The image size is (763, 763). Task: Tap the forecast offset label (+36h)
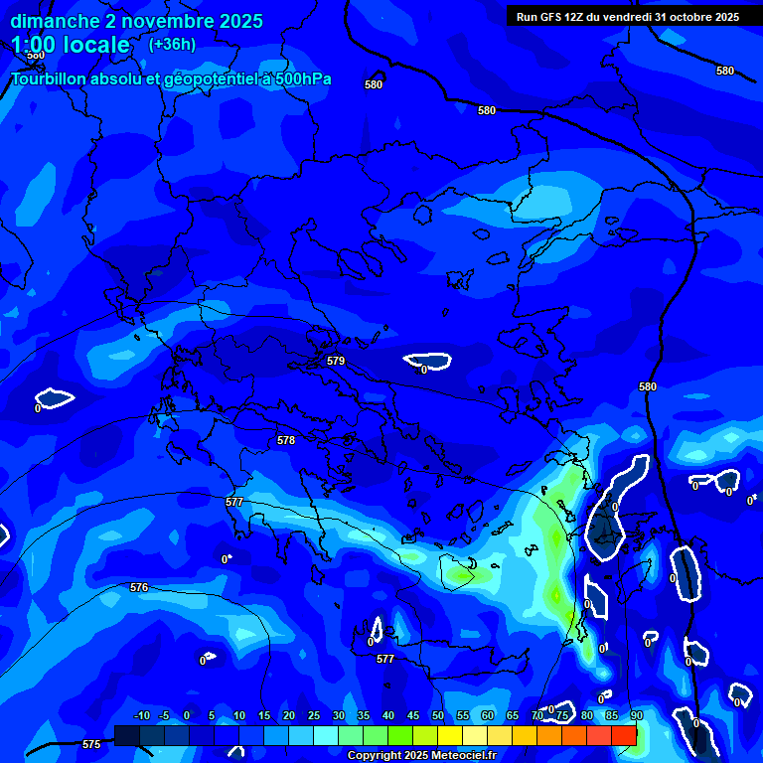(x=172, y=44)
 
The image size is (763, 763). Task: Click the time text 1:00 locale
(x=71, y=45)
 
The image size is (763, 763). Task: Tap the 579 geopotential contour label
(x=336, y=361)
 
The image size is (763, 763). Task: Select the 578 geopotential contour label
(x=286, y=440)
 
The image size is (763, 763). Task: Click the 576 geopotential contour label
(x=139, y=587)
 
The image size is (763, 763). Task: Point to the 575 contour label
(x=90, y=744)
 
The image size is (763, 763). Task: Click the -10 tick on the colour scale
(x=141, y=715)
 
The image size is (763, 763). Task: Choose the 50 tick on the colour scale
(x=438, y=715)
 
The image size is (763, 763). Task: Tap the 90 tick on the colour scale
(x=636, y=715)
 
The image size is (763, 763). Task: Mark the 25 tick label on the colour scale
(x=314, y=715)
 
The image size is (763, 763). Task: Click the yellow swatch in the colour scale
(x=450, y=735)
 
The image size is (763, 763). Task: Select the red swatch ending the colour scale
(x=624, y=735)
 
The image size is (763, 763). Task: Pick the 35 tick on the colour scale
(x=364, y=715)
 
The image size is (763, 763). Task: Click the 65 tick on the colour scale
(x=513, y=715)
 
